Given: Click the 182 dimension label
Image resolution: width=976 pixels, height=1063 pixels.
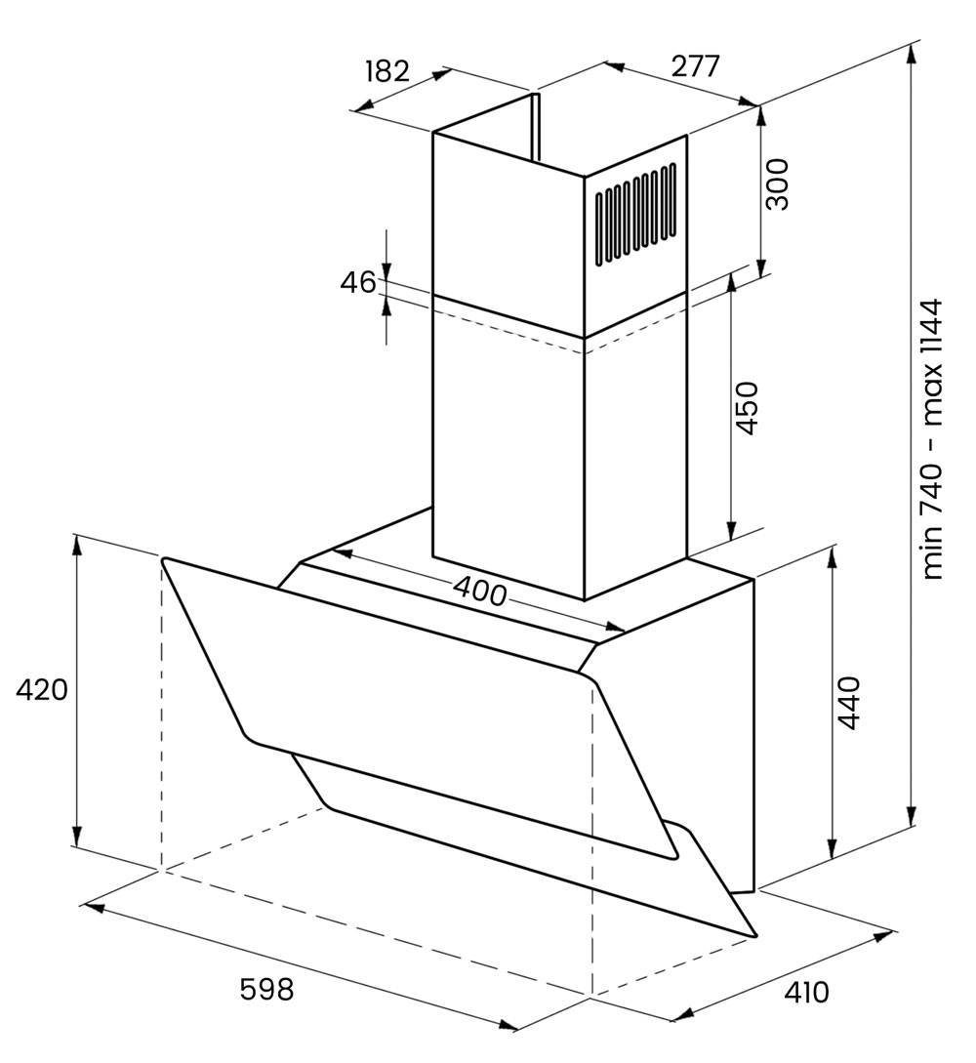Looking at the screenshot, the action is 387,70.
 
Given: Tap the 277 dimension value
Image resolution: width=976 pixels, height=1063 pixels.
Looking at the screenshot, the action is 695,66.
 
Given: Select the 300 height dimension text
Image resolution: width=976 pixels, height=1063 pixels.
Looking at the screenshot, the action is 777,184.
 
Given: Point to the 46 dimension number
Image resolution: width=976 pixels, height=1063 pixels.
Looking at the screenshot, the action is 357,282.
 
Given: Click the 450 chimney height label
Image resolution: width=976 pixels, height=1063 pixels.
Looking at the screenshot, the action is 746,407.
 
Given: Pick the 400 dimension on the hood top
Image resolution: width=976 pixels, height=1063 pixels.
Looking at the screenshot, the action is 480,591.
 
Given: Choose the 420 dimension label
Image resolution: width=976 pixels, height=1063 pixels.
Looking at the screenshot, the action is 42,690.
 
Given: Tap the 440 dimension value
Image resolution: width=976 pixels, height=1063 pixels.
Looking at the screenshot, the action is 848,703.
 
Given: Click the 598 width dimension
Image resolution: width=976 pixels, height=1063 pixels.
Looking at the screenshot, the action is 266,989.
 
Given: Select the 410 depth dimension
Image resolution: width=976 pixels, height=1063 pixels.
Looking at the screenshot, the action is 806,993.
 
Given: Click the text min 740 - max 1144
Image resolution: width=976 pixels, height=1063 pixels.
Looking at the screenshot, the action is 933,439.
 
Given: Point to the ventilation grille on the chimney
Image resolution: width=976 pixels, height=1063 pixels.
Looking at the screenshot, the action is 635,214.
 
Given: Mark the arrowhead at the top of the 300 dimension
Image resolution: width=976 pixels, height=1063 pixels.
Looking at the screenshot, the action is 761,116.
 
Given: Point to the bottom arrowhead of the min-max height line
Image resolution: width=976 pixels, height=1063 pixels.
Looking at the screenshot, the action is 913,816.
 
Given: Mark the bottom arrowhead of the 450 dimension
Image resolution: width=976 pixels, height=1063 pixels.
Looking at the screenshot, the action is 731,531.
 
